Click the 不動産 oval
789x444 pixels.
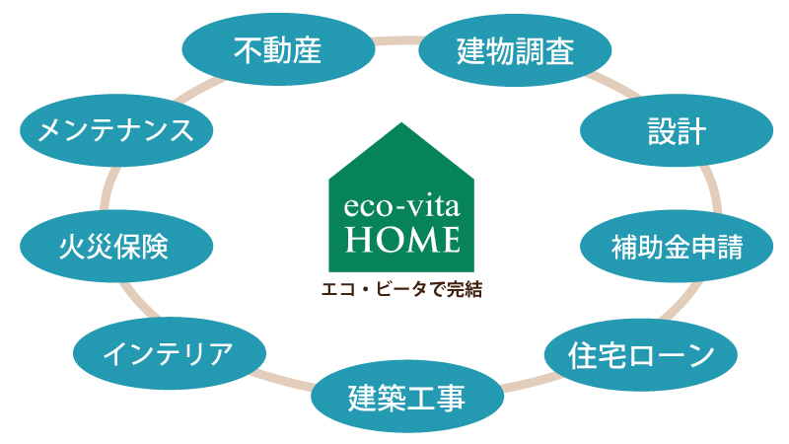[x=278, y=49]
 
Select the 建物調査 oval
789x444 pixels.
[x=515, y=50]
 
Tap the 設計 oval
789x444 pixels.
[x=677, y=130]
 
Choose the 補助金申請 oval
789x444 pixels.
[x=677, y=246]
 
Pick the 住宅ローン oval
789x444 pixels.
[x=640, y=354]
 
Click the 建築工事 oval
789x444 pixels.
[x=407, y=397]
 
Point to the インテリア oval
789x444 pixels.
[x=169, y=353]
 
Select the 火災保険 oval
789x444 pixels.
[x=116, y=246]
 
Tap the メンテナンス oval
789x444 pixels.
[x=116, y=130]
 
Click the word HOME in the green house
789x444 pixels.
[x=402, y=239]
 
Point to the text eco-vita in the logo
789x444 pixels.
[x=401, y=206]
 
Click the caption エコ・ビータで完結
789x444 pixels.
[x=401, y=289]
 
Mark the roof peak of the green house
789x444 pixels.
[x=401, y=122]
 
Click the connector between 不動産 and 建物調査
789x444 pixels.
[x=397, y=40]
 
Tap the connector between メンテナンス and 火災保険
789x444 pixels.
[x=108, y=188]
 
